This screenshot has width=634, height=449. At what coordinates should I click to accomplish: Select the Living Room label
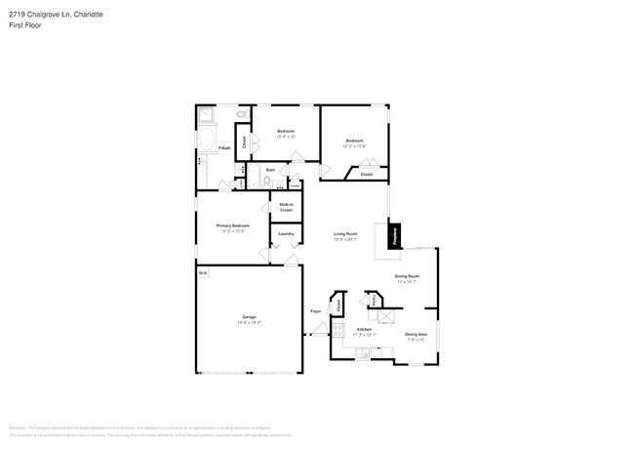click(345, 234)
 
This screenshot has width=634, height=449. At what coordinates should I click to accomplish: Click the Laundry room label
click(286, 233)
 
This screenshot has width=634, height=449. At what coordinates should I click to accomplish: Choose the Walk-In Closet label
click(286, 207)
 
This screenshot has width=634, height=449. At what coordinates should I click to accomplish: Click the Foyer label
click(315, 311)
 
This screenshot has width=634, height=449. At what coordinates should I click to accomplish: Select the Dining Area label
click(415, 335)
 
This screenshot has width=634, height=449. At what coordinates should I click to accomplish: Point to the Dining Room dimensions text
click(408, 281)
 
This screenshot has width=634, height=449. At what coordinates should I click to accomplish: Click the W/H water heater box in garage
click(202, 273)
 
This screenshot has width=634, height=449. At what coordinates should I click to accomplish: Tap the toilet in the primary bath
click(241, 117)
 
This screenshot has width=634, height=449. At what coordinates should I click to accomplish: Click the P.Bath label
click(223, 148)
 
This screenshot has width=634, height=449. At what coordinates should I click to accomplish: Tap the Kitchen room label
click(364, 330)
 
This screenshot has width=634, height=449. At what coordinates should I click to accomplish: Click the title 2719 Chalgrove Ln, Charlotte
click(57, 16)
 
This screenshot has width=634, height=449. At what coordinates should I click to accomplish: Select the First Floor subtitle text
click(25, 25)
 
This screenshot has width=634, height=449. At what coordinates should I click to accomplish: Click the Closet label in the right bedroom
click(366, 174)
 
